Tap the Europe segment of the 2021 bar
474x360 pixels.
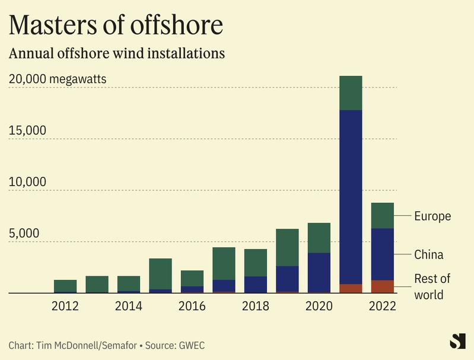point(351,93)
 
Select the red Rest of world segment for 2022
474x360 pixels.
point(382,286)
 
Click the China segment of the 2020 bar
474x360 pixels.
point(319,272)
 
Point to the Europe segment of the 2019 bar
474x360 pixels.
point(287,247)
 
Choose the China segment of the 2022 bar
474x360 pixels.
point(382,254)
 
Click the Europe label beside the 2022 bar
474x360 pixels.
point(432,216)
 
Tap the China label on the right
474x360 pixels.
point(429,254)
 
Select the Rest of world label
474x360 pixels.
point(432,286)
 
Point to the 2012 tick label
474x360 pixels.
point(65,306)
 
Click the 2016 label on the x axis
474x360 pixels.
point(192,306)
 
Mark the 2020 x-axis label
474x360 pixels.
point(319,306)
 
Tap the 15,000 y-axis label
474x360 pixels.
point(27,130)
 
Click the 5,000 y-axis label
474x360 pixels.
point(24,233)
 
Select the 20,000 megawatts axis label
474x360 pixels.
point(58,79)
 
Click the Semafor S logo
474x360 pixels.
point(457,341)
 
